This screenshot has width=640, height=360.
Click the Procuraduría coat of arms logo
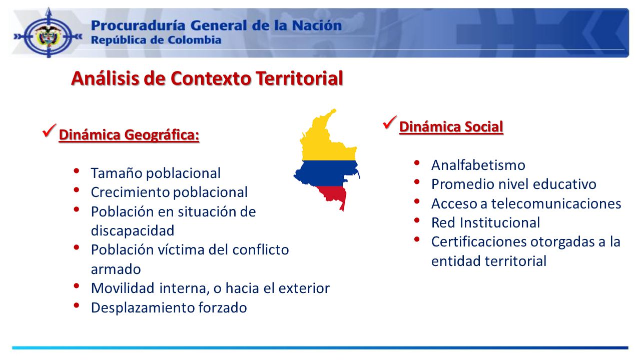(48, 36)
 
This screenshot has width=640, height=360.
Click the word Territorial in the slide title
(299, 78)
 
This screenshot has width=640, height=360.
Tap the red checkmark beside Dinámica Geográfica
(49, 131)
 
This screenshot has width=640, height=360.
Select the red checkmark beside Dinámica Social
(390, 122)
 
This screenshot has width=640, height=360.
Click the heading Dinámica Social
(451, 127)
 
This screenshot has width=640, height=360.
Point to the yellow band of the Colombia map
(329, 140)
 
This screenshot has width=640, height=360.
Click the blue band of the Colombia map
(326, 173)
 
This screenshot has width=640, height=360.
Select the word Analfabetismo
(478, 165)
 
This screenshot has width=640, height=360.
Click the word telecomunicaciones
(556, 203)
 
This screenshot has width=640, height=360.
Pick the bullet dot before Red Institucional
(416, 220)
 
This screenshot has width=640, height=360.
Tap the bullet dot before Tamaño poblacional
(76, 170)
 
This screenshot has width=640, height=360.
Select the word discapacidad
(132, 230)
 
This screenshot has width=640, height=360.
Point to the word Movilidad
(123, 288)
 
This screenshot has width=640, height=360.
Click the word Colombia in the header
(194, 40)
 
